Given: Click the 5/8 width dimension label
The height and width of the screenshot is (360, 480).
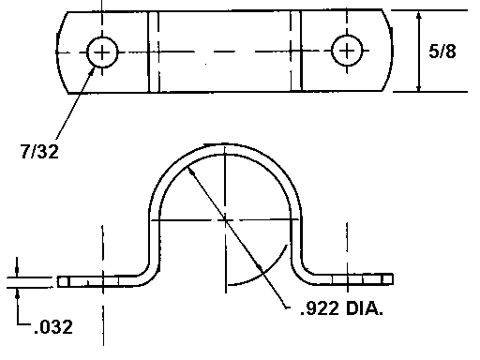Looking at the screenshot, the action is click(442, 52).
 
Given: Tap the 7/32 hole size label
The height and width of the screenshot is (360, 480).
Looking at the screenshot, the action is click(39, 152).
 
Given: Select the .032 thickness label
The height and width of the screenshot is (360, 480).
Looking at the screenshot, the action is click(53, 327).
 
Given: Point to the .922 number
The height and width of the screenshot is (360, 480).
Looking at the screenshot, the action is click(320, 308).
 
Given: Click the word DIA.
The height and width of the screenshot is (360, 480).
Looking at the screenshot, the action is click(365, 308).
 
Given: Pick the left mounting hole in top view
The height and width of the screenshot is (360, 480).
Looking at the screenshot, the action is click(102, 52).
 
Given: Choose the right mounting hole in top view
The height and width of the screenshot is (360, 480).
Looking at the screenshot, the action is click(347, 51).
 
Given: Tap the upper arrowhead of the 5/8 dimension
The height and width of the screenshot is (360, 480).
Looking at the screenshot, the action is click(419, 16).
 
